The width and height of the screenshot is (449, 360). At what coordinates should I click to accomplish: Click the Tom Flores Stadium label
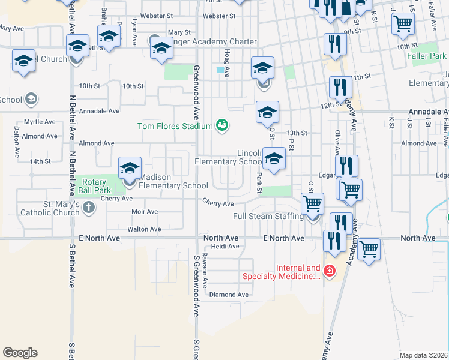coord(175,127)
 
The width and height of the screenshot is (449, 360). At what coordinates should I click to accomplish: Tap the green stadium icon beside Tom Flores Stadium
coord(222,125)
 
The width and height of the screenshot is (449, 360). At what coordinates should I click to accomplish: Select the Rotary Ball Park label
coord(93,187)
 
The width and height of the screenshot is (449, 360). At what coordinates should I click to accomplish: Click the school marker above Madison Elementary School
coord(130,170)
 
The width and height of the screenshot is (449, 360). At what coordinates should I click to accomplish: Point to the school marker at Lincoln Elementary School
coord(274,160)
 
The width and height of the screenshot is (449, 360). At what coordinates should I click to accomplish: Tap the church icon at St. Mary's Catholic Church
coord(89,208)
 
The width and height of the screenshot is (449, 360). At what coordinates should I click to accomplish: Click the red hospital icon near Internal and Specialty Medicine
coord(328,272)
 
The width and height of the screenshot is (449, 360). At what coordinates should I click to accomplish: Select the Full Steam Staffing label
coord(268,216)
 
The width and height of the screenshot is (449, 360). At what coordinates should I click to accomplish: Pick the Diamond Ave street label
coord(229,295)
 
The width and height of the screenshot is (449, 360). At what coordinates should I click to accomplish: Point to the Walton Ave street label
coord(144,229)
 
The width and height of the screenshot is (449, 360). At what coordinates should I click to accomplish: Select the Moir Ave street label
coord(144,212)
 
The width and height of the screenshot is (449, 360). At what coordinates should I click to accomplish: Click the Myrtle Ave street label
coord(40,122)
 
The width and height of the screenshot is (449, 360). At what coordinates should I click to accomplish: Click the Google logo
coord(20,353)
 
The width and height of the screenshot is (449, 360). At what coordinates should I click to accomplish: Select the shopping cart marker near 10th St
coord(403,25)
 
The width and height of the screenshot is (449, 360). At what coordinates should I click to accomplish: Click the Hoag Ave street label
coord(227,62)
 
